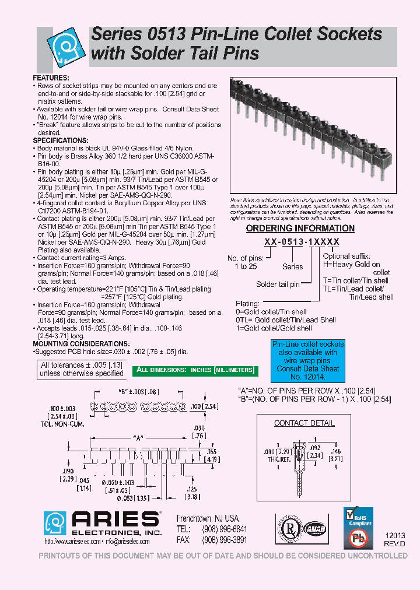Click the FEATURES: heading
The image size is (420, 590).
[x=51, y=78]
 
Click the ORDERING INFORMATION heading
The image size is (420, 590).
[x=300, y=229]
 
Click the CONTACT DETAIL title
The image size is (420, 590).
[x=304, y=423]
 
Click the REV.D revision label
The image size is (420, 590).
[x=394, y=543]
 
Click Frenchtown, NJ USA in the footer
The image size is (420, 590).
[x=207, y=518]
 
